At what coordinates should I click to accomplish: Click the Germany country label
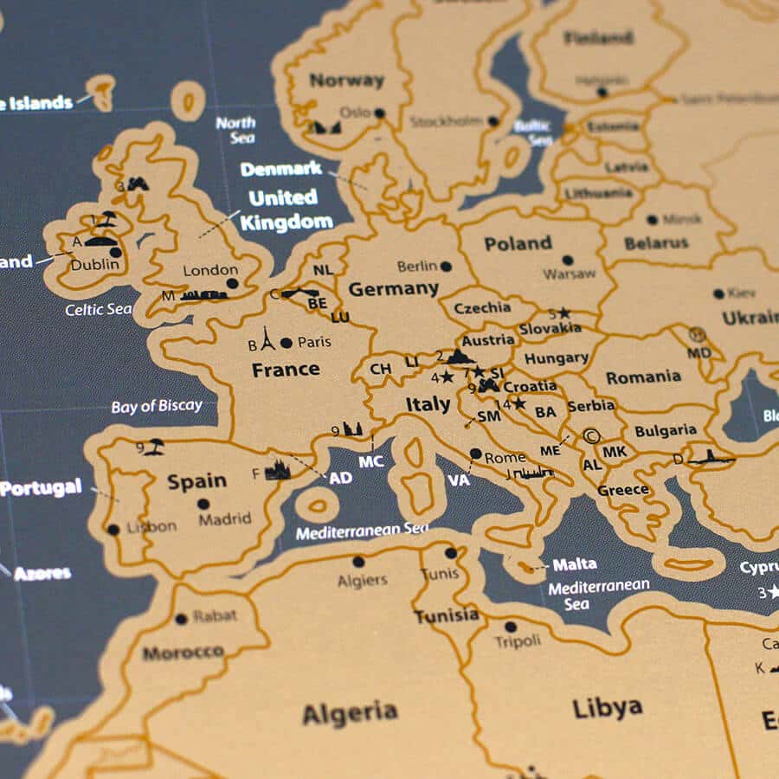(x=393, y=289)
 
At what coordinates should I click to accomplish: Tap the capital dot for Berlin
(x=446, y=267)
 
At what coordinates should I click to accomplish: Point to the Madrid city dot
(x=203, y=504)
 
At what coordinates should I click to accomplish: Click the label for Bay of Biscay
(x=157, y=406)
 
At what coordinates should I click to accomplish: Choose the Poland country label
(x=518, y=244)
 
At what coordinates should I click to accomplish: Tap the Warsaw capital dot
(x=567, y=260)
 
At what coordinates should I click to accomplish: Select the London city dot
(x=232, y=283)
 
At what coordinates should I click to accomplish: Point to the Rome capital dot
(x=475, y=453)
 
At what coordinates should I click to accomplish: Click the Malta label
(x=575, y=564)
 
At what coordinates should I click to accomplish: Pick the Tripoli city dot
(x=511, y=627)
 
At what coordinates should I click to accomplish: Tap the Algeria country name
(x=350, y=713)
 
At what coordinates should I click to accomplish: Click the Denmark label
(x=281, y=169)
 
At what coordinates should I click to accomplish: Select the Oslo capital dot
(x=379, y=113)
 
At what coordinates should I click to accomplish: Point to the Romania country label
(x=643, y=377)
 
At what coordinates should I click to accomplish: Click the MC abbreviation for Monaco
(x=370, y=461)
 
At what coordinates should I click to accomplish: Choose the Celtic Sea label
(x=99, y=309)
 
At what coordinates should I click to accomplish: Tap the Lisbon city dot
(x=113, y=530)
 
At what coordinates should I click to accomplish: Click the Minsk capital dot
(x=651, y=220)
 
